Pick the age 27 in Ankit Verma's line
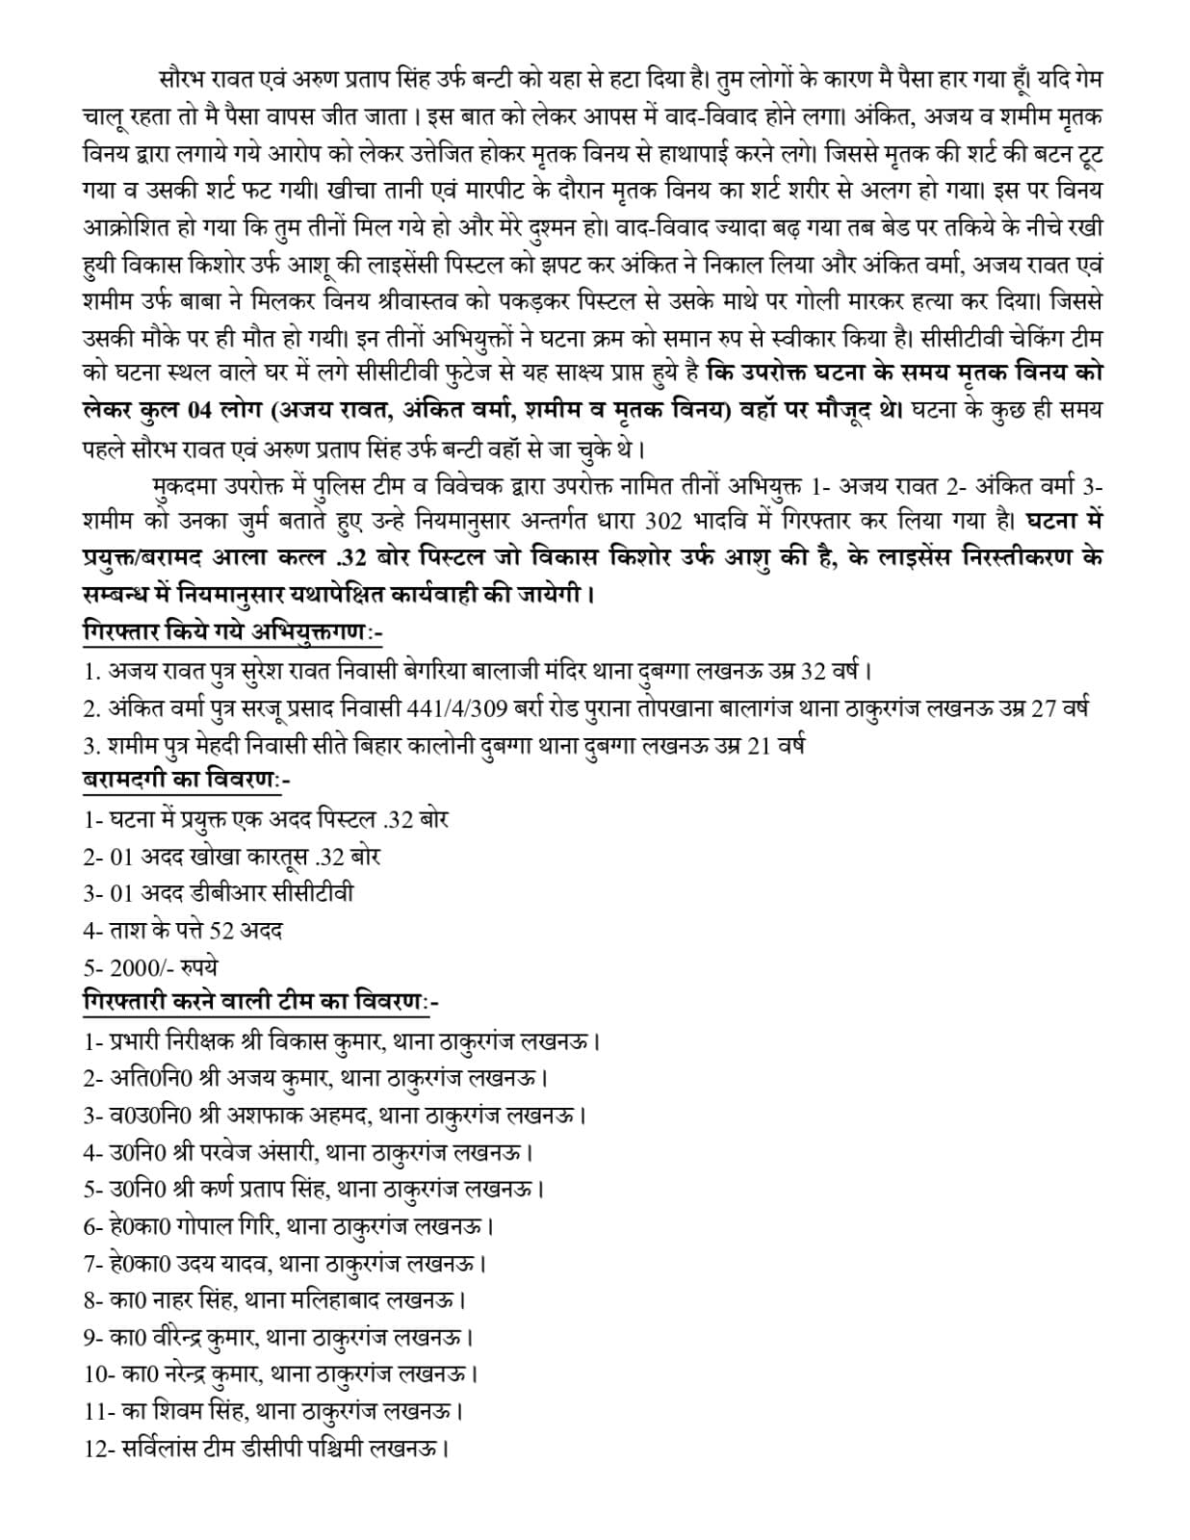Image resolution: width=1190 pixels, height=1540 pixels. [x=1045, y=707]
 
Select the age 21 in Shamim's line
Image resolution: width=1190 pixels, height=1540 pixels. [x=759, y=744]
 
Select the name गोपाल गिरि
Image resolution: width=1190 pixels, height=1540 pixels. [x=224, y=1226]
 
